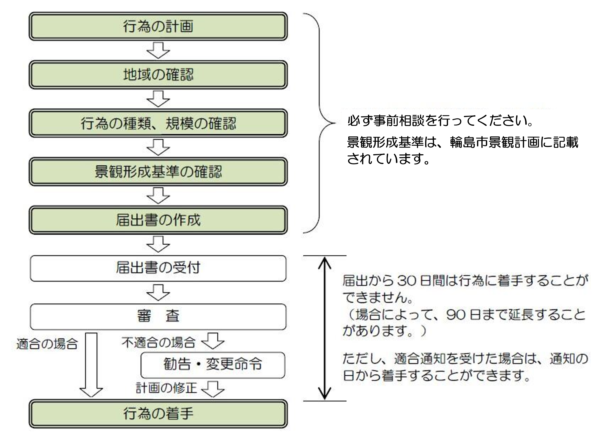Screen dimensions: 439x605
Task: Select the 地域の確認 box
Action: coord(158,75)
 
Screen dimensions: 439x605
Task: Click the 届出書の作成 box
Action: coord(158,220)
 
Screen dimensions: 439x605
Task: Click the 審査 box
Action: coord(158,317)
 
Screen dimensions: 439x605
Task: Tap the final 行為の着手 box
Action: coord(158,414)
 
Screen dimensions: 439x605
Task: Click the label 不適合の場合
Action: coord(158,343)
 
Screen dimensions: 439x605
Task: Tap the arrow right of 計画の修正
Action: coord(213,389)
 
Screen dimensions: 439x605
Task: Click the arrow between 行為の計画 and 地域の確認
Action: coord(158,50)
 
